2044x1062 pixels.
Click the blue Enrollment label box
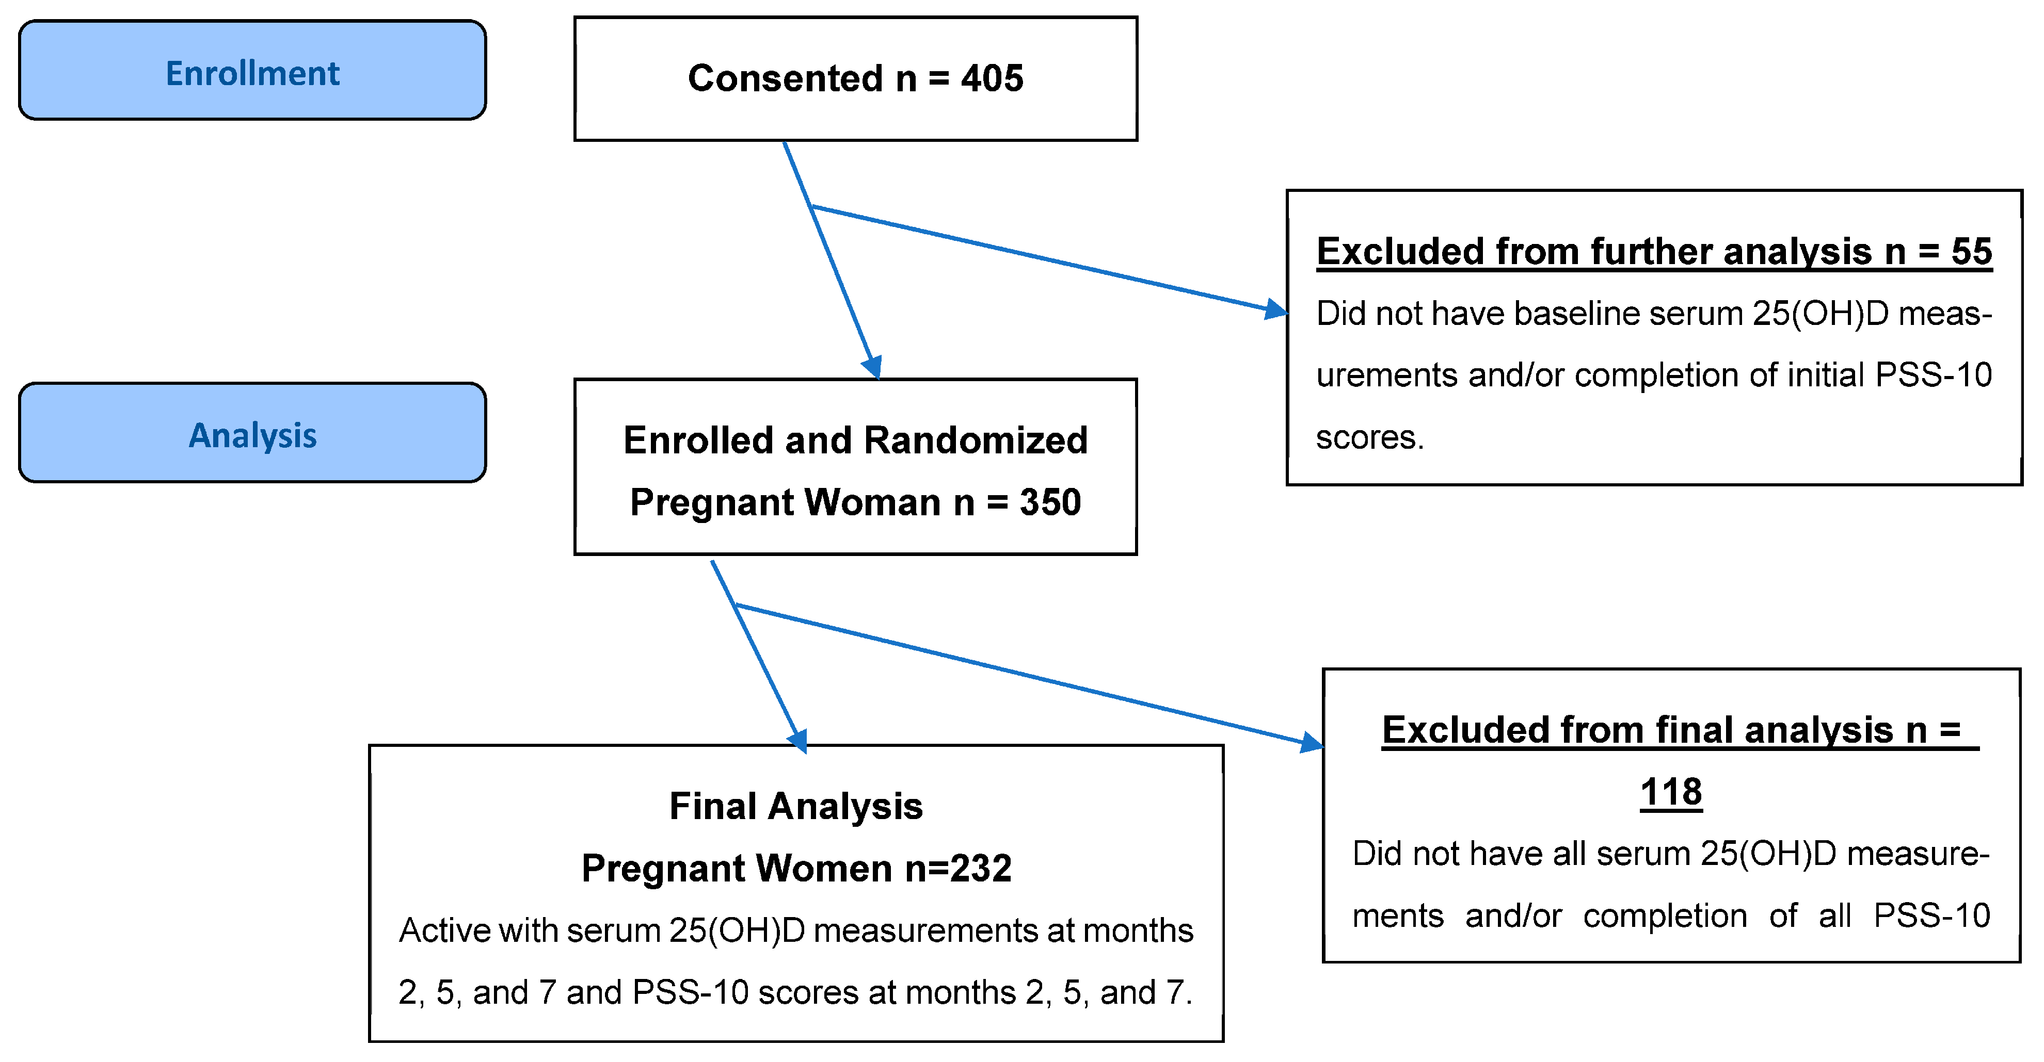click(x=252, y=71)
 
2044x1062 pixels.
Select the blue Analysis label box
click(x=252, y=433)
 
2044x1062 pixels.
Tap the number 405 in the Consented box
click(x=992, y=78)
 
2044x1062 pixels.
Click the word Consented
click(x=785, y=78)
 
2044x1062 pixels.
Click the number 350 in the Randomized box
click(x=1050, y=502)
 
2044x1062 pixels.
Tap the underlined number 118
click(x=1671, y=792)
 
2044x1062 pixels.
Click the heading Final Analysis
click(x=796, y=806)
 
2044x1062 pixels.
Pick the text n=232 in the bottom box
click(x=957, y=868)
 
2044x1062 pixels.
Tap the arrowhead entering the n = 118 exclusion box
click(x=1312, y=743)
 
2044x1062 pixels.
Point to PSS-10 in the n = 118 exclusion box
click(x=1931, y=916)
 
